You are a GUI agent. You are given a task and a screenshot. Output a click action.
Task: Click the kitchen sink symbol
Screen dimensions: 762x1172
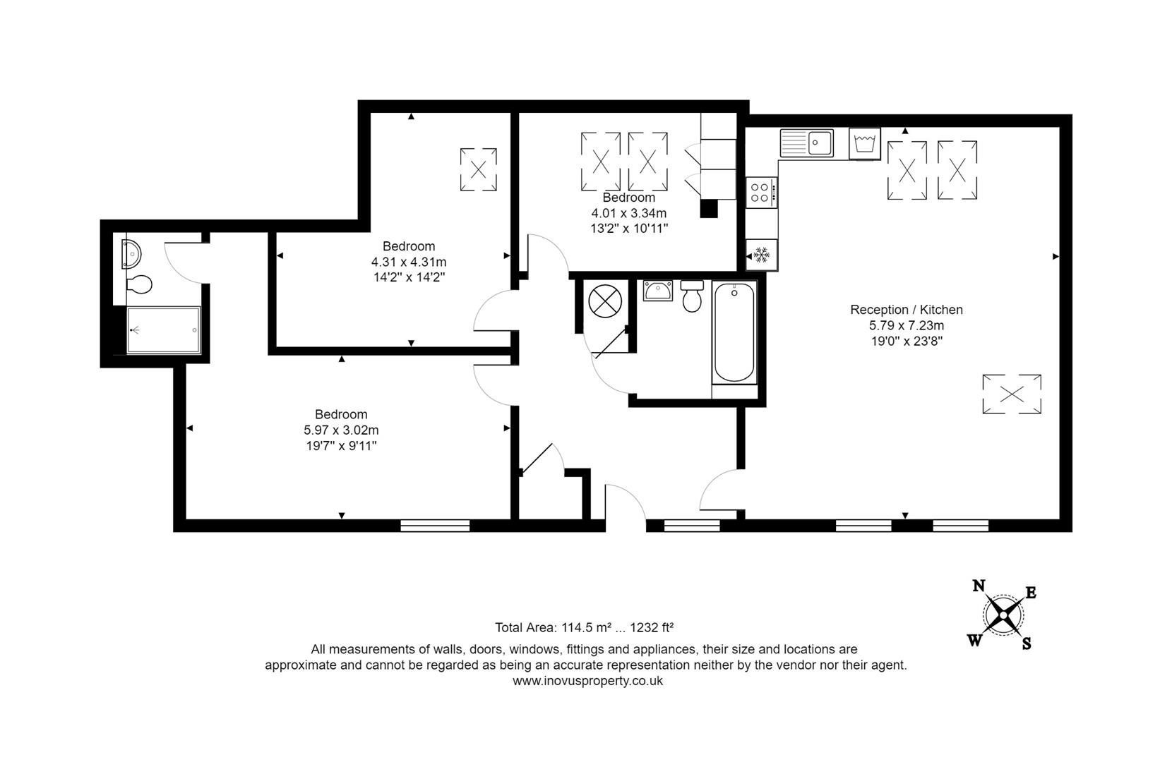point(807,143)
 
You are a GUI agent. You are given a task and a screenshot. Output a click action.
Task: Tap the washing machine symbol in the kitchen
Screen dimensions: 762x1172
point(865,144)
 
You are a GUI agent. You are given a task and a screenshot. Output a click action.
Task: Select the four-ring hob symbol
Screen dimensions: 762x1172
point(761,193)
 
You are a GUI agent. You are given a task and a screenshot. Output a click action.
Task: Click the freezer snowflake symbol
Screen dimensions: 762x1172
point(761,255)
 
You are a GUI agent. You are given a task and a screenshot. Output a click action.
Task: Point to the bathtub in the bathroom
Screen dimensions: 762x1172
point(734,332)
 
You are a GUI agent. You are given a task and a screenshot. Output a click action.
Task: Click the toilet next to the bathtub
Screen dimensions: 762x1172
point(691,296)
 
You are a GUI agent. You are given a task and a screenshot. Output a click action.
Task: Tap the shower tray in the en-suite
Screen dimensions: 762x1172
point(163,329)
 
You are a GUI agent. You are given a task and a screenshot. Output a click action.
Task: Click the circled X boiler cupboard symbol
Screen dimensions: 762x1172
point(604,301)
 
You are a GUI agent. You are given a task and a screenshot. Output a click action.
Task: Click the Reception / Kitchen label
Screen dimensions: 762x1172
point(906,310)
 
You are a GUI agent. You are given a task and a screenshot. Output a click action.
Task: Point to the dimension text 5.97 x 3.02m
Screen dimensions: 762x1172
point(341,430)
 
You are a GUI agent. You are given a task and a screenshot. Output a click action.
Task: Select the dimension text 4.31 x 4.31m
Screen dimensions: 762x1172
point(409,262)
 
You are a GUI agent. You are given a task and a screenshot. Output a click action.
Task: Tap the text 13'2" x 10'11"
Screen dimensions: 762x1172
point(629,229)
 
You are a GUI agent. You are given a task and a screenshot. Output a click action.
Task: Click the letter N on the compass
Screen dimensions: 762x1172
point(979,586)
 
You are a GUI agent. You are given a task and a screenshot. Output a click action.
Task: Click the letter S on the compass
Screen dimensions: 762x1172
point(1027,643)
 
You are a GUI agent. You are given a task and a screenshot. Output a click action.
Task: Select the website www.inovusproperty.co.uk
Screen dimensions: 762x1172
point(587,681)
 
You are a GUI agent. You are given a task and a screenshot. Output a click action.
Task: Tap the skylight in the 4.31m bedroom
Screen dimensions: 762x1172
point(478,169)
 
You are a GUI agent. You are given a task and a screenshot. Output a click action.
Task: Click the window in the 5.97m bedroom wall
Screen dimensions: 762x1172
point(435,525)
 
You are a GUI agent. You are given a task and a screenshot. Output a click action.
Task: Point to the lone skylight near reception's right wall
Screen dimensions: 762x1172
point(1011,394)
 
